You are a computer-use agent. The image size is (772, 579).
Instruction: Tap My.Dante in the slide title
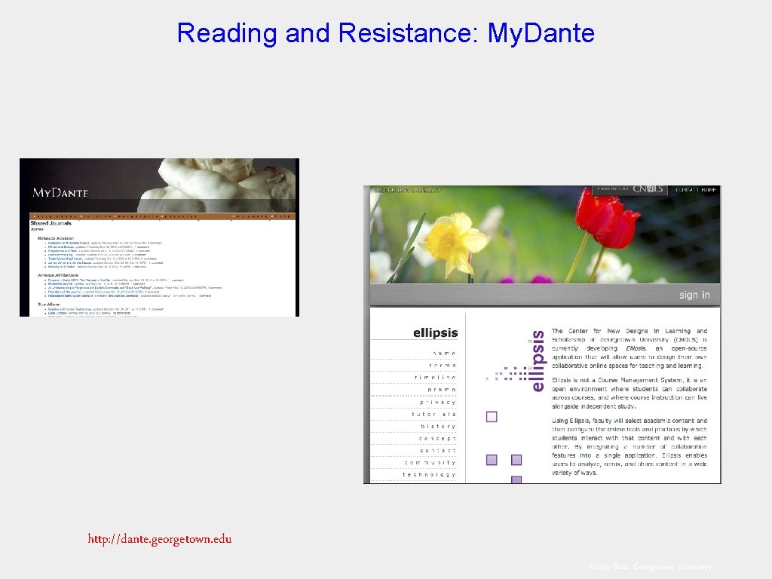(541, 33)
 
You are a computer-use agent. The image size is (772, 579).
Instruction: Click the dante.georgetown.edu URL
(160, 538)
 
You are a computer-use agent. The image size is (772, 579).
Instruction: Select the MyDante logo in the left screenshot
(60, 192)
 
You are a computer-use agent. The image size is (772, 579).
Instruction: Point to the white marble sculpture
(226, 181)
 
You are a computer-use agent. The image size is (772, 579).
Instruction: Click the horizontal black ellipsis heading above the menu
(435, 332)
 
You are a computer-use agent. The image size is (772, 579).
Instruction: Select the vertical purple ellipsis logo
(537, 360)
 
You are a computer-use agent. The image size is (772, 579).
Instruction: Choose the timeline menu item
(434, 378)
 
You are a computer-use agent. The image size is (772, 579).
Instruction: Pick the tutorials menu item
(434, 414)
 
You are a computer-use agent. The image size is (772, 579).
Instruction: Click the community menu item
(430, 462)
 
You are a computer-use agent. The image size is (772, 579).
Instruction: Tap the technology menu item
(429, 474)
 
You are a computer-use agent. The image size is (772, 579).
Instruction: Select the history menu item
(439, 426)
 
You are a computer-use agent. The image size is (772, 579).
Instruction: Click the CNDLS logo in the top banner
(648, 189)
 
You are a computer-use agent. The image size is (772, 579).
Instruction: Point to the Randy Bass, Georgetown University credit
(650, 567)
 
